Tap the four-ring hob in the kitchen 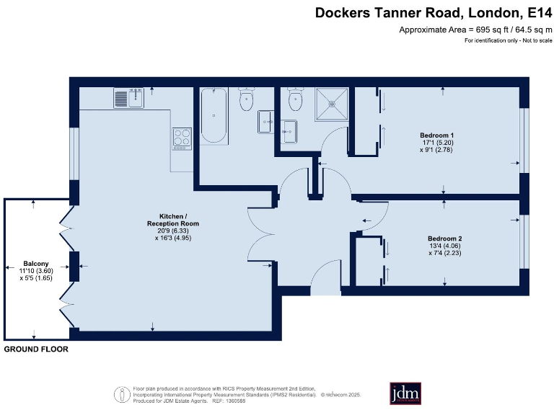pyautogui.click(x=181, y=137)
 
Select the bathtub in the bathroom pyautogui.click(x=213, y=115)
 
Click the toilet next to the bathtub pyautogui.click(x=247, y=100)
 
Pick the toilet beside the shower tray pyautogui.click(x=295, y=99)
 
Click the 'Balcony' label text pyautogui.click(x=35, y=263)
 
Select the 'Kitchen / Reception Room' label pyautogui.click(x=173, y=220)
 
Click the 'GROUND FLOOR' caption pyautogui.click(x=36, y=349)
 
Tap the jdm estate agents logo pyautogui.click(x=405, y=393)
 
